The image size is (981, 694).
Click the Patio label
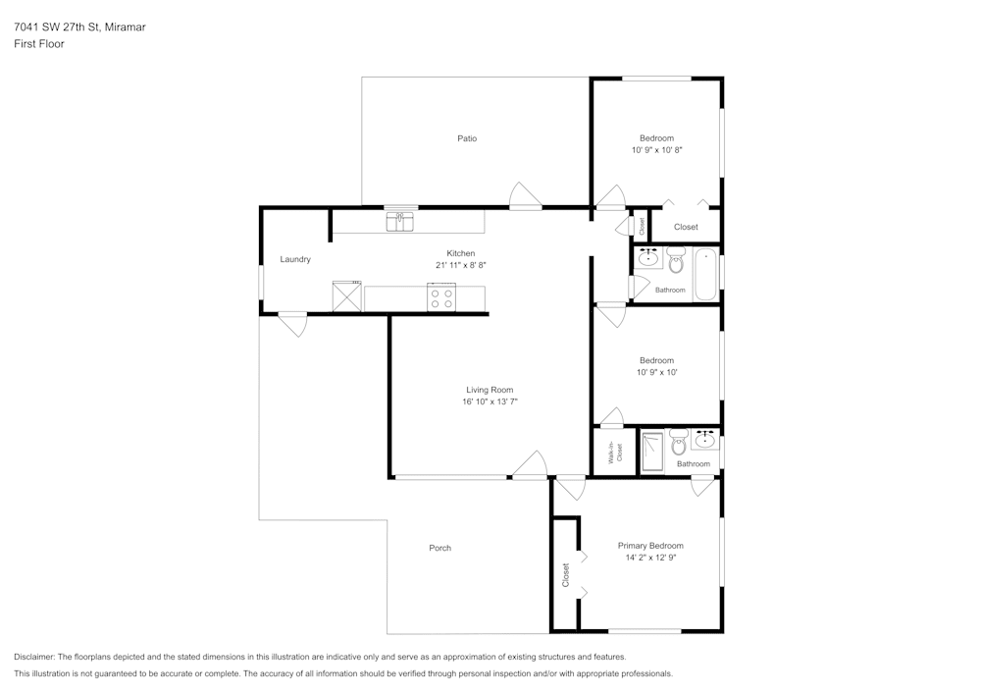[x=467, y=138]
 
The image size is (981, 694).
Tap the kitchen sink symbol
[x=399, y=222]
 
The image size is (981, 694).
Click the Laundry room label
[x=295, y=259]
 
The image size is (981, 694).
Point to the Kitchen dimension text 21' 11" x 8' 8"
[x=461, y=265]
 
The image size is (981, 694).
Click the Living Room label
[x=490, y=390]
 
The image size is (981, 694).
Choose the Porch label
[x=440, y=548]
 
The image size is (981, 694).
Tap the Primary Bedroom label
[x=650, y=546]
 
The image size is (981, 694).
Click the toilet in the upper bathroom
[x=676, y=262]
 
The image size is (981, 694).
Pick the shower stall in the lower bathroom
[x=652, y=453]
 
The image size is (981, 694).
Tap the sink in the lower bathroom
[x=704, y=439]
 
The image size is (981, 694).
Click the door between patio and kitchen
[x=525, y=197]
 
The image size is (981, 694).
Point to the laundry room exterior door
[x=292, y=323]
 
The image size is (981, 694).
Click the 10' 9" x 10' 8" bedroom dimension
[x=656, y=150]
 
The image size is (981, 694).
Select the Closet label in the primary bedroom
[x=566, y=574]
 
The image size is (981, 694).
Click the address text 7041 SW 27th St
[x=79, y=27]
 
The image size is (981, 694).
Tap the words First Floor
[x=39, y=44]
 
